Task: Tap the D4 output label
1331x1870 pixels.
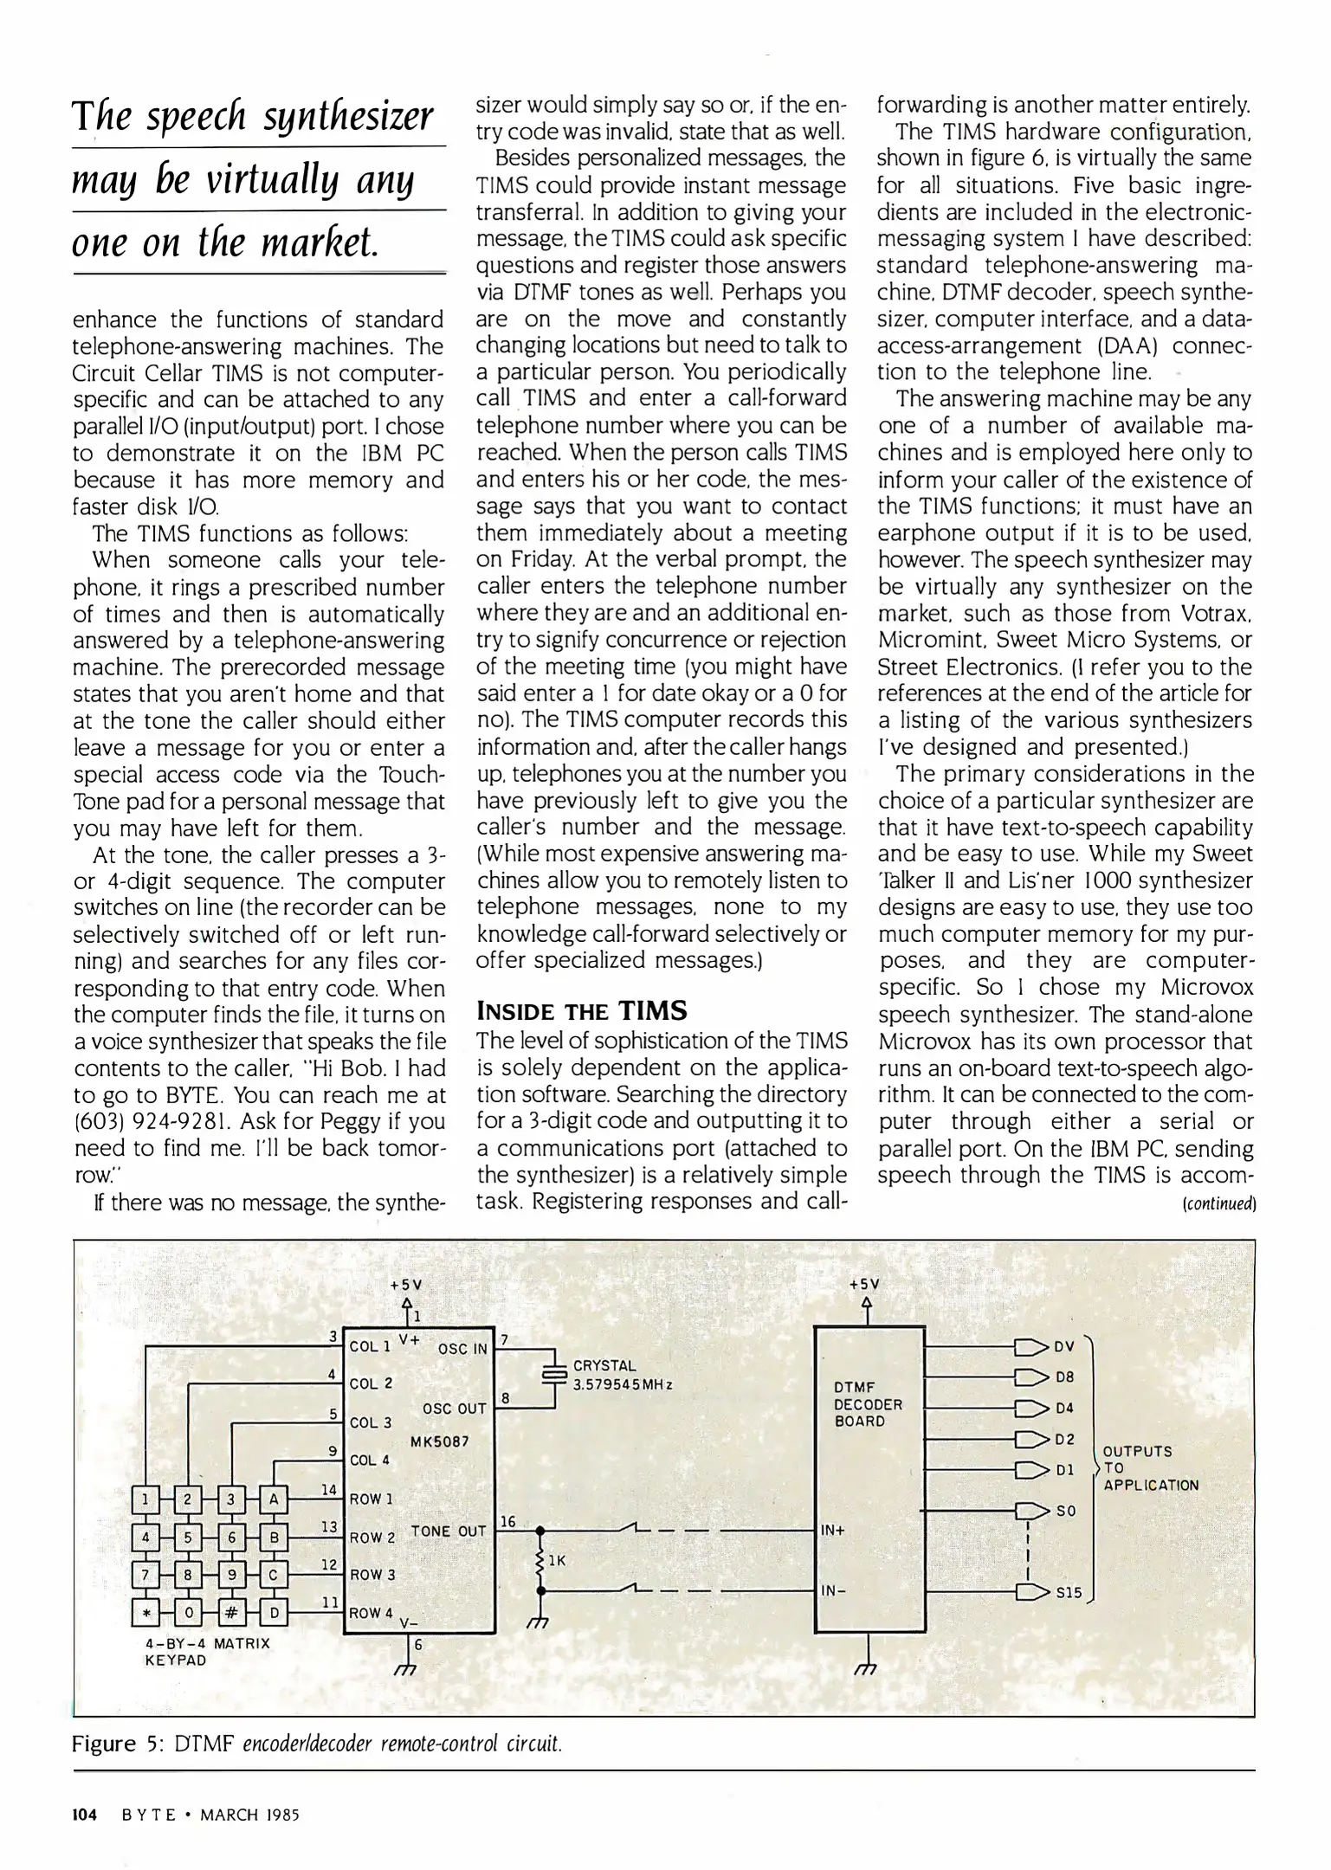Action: tap(1064, 1408)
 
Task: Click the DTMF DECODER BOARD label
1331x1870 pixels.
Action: tap(868, 1404)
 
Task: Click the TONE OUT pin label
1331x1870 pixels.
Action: tap(448, 1531)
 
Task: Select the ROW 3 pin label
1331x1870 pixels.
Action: tap(372, 1575)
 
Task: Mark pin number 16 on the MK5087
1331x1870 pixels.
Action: tap(507, 1521)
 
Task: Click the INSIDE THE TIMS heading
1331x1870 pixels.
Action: tap(582, 1010)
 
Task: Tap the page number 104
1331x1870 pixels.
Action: tap(84, 1814)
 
